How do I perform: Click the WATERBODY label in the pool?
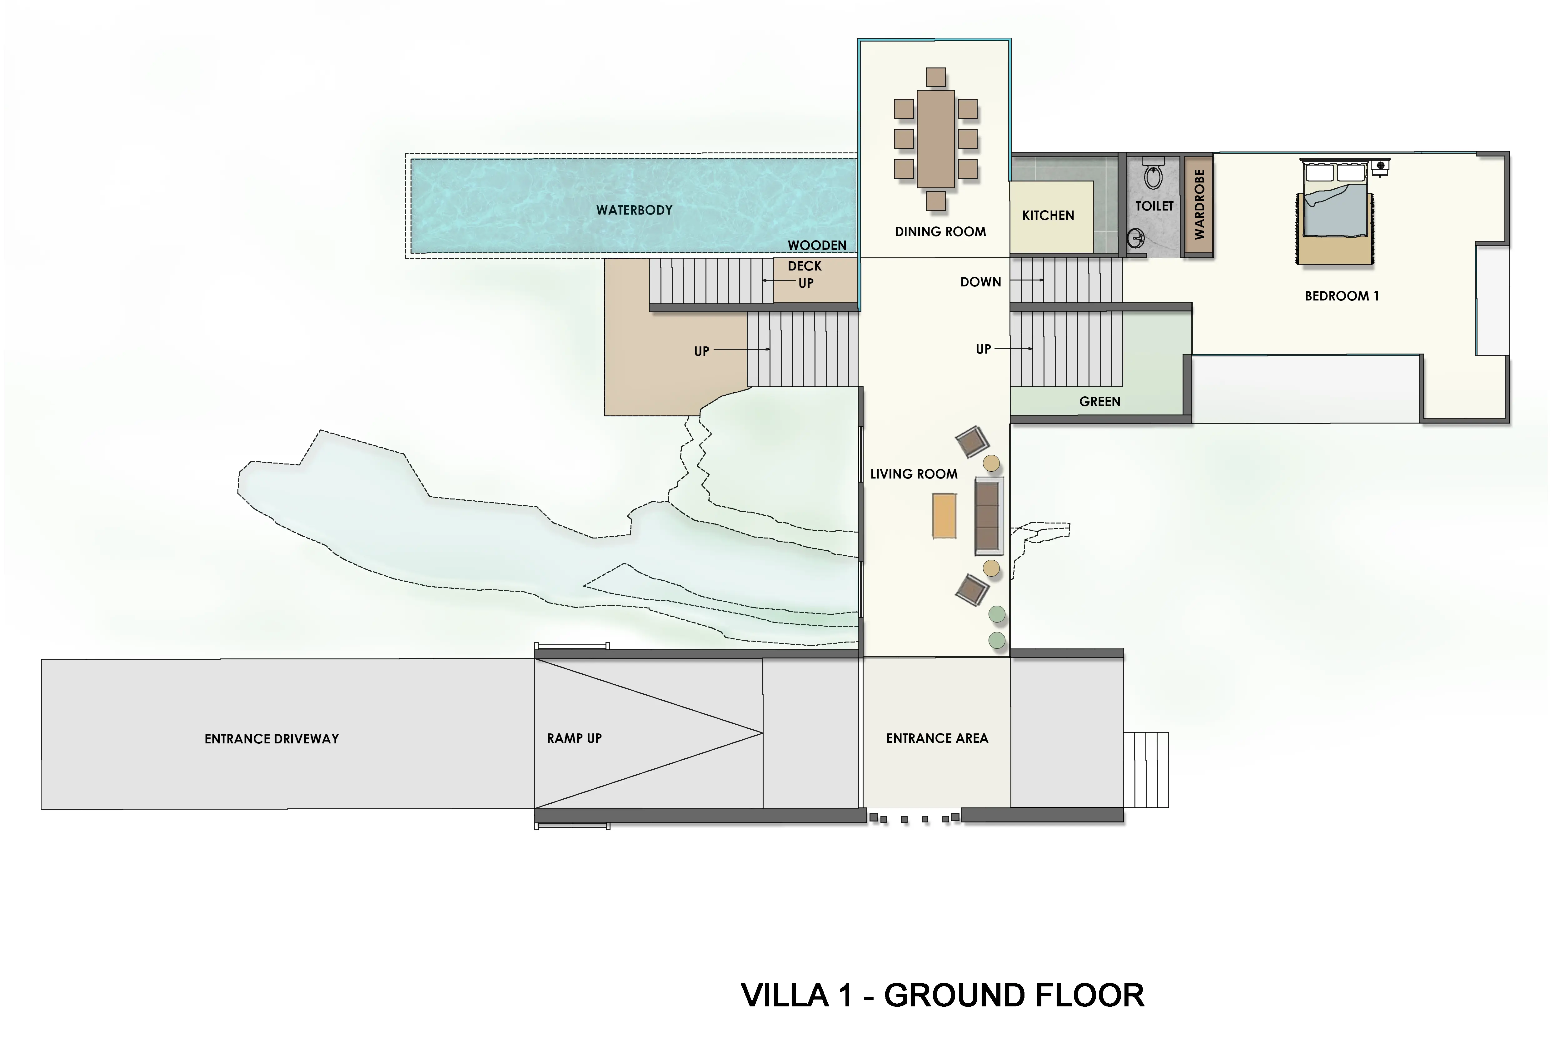pyautogui.click(x=634, y=210)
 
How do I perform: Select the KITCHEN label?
pyautogui.click(x=1048, y=215)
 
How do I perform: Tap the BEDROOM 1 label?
pyautogui.click(x=1342, y=296)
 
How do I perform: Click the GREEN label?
pyautogui.click(x=1100, y=401)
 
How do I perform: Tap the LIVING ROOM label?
pyautogui.click(x=914, y=474)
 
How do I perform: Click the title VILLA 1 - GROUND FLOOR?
pyautogui.click(x=942, y=995)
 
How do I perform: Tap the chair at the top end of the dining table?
pyautogui.click(x=936, y=77)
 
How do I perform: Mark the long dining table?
pyautogui.click(x=936, y=139)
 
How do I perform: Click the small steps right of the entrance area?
pyautogui.click(x=1146, y=770)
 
